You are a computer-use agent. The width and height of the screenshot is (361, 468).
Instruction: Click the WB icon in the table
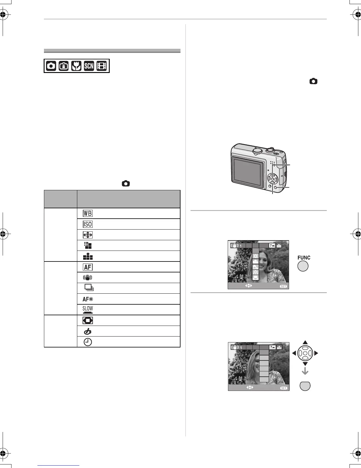pyautogui.click(x=88, y=214)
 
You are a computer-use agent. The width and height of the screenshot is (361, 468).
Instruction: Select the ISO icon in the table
pyautogui.click(x=88, y=224)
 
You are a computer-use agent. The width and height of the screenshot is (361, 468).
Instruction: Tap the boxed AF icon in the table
pyautogui.click(x=88, y=267)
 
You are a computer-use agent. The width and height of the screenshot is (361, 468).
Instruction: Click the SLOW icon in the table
pyautogui.click(x=88, y=309)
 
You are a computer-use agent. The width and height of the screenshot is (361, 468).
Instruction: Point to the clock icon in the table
pyautogui.click(x=88, y=342)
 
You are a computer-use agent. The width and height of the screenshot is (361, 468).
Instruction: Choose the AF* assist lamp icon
pyautogui.click(x=88, y=299)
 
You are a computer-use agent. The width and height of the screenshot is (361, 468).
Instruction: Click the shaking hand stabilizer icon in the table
pyautogui.click(x=88, y=277)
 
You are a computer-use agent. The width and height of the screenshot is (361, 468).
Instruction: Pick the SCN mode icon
pyautogui.click(x=89, y=66)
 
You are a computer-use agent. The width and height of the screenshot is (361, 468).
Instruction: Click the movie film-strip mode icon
pyautogui.click(x=101, y=66)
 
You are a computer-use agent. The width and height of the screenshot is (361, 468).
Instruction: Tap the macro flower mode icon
pyautogui.click(x=76, y=66)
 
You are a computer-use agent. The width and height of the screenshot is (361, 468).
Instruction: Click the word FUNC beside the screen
pyautogui.click(x=304, y=258)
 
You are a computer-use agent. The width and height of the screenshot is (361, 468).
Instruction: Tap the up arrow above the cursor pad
pyautogui.click(x=305, y=342)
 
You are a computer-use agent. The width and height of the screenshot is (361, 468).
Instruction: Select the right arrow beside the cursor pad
pyautogui.click(x=316, y=353)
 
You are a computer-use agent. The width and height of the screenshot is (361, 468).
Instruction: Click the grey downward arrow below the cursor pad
pyautogui.click(x=305, y=371)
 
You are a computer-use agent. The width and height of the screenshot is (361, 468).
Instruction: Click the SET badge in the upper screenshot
pyautogui.click(x=283, y=286)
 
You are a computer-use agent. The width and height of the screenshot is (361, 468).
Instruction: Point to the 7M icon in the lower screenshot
pyautogui.click(x=272, y=347)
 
